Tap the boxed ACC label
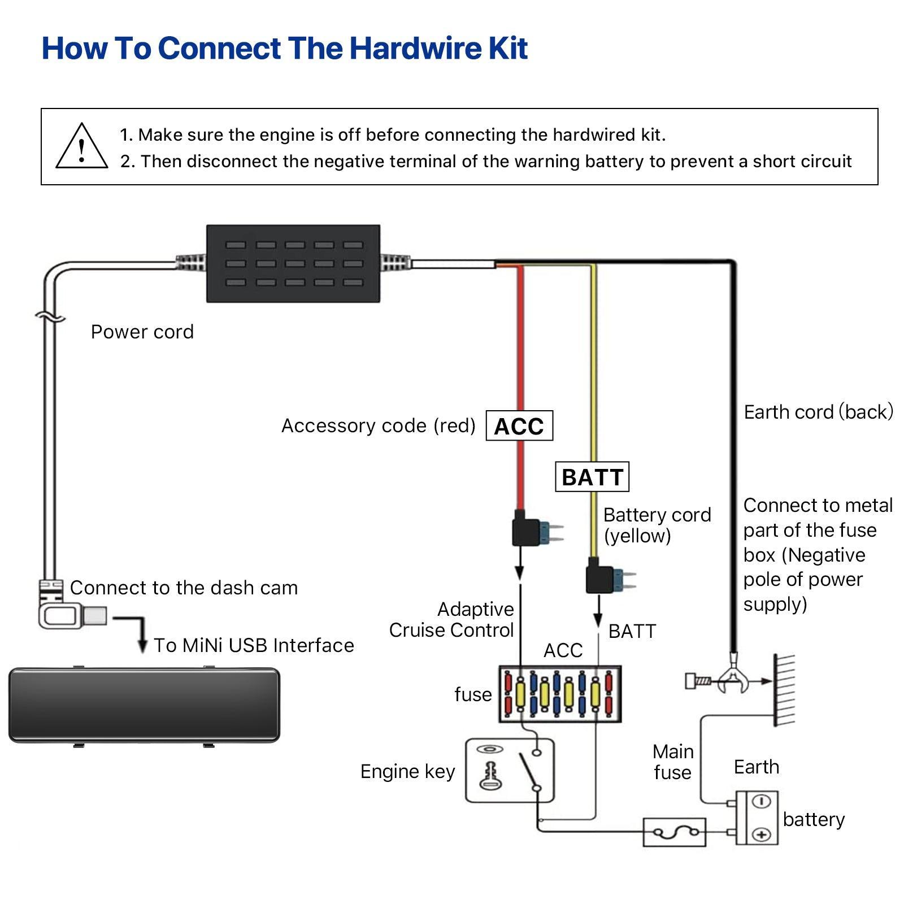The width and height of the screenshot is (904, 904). (519, 426)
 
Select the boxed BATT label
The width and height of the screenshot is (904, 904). (592, 477)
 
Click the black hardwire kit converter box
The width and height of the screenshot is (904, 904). (293, 263)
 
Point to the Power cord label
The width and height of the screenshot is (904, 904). (142, 332)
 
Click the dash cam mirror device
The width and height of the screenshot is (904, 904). (144, 705)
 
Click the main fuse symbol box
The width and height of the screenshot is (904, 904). (675, 832)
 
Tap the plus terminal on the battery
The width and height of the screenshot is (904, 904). (761, 835)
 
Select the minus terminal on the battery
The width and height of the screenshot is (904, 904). (761, 802)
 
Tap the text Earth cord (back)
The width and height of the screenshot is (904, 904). (818, 412)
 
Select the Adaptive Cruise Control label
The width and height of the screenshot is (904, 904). (452, 619)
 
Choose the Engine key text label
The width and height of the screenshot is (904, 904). (407, 771)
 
